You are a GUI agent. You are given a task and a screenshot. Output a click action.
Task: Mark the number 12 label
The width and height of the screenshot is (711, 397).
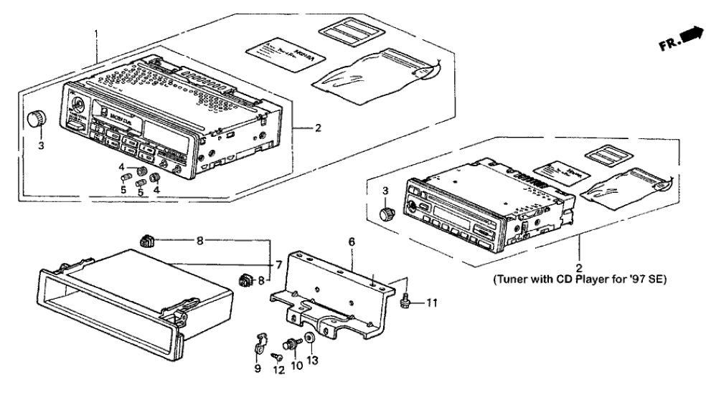click(276, 369)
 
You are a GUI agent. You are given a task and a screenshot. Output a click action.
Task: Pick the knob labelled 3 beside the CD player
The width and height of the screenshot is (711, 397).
click(387, 213)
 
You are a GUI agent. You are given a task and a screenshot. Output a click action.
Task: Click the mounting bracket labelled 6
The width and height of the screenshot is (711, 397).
click(337, 287)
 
